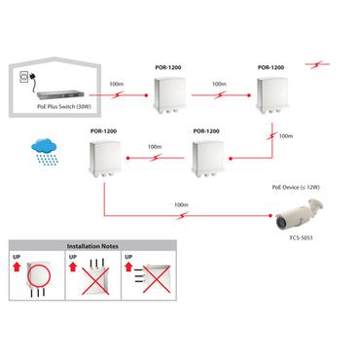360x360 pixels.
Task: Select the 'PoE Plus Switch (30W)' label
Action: (66, 107)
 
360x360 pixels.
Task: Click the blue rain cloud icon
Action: (43, 150)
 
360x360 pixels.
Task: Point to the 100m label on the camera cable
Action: (180, 205)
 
